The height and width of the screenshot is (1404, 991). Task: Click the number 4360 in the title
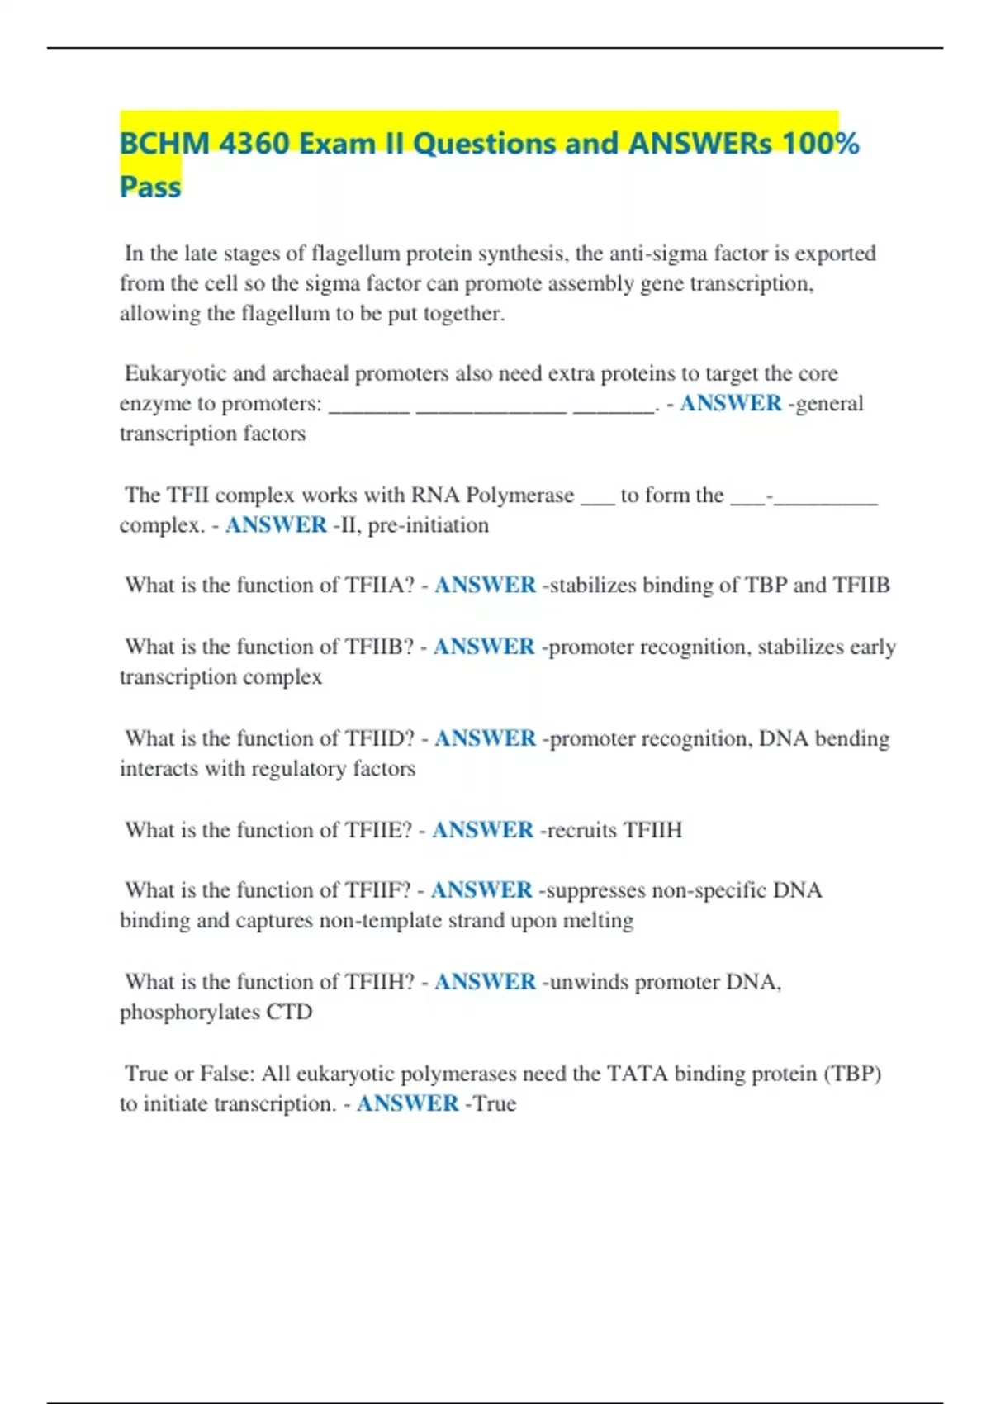254,144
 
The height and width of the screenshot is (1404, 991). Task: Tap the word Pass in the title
150,187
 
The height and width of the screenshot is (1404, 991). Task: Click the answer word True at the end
494,1104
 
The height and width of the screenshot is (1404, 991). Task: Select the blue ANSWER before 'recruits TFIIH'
483,830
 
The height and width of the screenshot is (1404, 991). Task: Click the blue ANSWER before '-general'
731,404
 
